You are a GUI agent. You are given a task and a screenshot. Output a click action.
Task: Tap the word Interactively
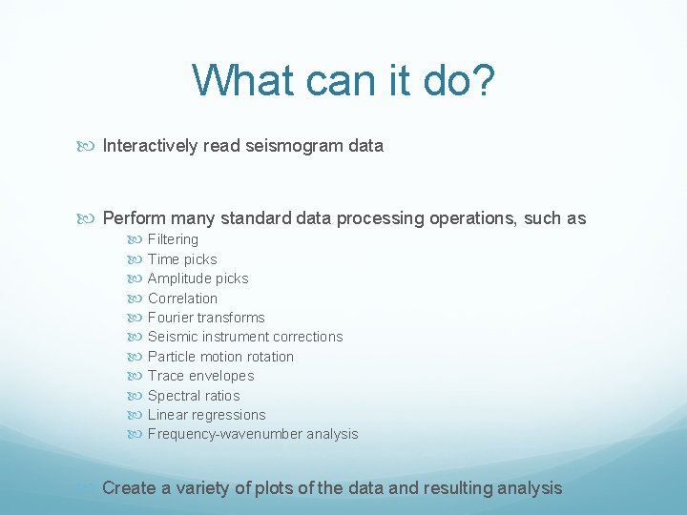point(151,146)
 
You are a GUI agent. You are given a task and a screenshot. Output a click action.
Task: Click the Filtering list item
point(173,239)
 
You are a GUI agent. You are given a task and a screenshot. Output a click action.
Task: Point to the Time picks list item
point(182,259)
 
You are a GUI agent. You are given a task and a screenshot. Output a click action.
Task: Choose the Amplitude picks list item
point(198,278)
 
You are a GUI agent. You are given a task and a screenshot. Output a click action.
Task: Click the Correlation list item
point(182,299)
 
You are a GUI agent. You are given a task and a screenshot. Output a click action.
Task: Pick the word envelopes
point(222,376)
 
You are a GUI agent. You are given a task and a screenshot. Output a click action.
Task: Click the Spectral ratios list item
point(194,396)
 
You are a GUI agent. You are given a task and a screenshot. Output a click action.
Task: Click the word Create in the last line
point(128,488)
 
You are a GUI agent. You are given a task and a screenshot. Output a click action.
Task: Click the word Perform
point(134,218)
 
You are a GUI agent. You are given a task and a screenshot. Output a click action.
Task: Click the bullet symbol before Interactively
point(90,147)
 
